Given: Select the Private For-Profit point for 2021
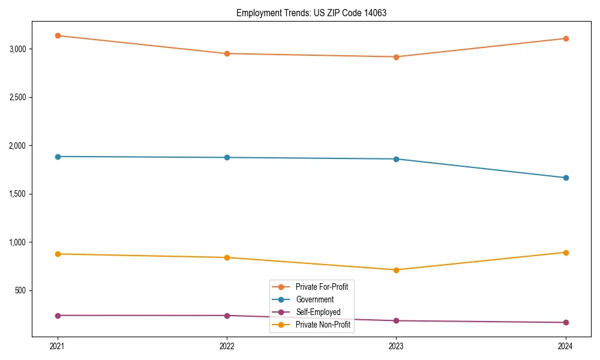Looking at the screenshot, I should [58, 35].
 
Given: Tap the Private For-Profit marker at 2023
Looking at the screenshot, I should [396, 57].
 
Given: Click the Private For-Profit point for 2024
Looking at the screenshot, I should [566, 38].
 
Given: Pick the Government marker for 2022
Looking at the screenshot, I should [227, 157].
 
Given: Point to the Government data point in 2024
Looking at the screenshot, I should [566, 178].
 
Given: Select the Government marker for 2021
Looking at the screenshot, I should [58, 157].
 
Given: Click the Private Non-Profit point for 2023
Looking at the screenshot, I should [396, 270].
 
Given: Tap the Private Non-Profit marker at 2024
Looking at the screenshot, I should [566, 253].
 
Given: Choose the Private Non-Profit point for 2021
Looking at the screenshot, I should [58, 254].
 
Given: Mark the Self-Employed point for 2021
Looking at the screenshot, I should [58, 316].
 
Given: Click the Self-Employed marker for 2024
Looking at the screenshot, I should [566, 323].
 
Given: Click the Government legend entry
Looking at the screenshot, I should [314, 299].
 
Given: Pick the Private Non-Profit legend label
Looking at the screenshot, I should [323, 325].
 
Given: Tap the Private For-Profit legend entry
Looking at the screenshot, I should [322, 287].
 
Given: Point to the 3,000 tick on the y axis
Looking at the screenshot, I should [17, 49].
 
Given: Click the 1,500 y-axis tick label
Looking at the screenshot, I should [17, 194].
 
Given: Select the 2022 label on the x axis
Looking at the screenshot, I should [227, 346].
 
